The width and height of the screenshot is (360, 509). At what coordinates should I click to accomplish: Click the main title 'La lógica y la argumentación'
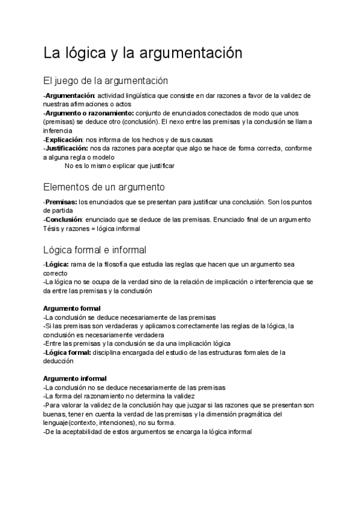143,53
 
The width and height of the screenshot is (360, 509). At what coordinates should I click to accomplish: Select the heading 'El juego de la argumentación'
106,80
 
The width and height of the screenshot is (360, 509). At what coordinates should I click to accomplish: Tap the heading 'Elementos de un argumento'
104,187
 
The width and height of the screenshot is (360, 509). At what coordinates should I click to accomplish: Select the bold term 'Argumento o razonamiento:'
89,112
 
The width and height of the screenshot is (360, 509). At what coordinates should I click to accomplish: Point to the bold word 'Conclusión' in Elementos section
63,220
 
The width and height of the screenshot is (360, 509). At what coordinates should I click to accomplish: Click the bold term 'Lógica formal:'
68,352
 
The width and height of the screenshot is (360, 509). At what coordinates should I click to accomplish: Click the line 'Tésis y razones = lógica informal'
91,228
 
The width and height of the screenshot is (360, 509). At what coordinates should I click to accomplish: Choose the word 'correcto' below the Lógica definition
56,273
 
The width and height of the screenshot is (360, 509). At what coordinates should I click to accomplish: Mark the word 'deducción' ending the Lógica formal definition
59,361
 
